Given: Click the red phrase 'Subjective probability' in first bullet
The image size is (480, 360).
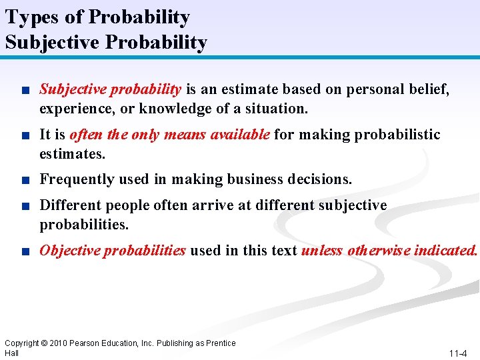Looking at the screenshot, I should pos(111,89).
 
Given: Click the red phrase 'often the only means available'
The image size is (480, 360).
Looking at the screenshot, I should pos(169,135).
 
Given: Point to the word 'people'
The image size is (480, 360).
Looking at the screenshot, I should pos(130,205).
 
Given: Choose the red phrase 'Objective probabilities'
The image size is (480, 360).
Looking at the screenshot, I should pos(113,251).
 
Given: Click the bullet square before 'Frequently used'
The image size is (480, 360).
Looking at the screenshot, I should pos(25,180).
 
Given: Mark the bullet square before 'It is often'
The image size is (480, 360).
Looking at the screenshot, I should pos(25,135).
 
